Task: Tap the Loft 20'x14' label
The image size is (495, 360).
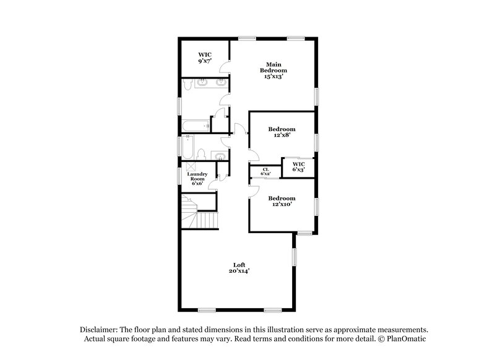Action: click(x=241, y=267)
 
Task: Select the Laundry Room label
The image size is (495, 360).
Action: click(x=197, y=178)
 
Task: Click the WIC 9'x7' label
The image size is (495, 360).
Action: click(x=205, y=58)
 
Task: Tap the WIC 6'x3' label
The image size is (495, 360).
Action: click(x=299, y=166)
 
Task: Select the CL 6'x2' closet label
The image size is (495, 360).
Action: click(x=265, y=171)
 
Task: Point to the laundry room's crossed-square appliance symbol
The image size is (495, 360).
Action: click(x=191, y=166)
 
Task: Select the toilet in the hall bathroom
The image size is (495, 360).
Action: click(x=202, y=153)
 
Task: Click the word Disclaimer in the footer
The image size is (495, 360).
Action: click(x=100, y=330)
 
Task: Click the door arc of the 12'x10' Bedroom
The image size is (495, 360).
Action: click(x=253, y=189)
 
